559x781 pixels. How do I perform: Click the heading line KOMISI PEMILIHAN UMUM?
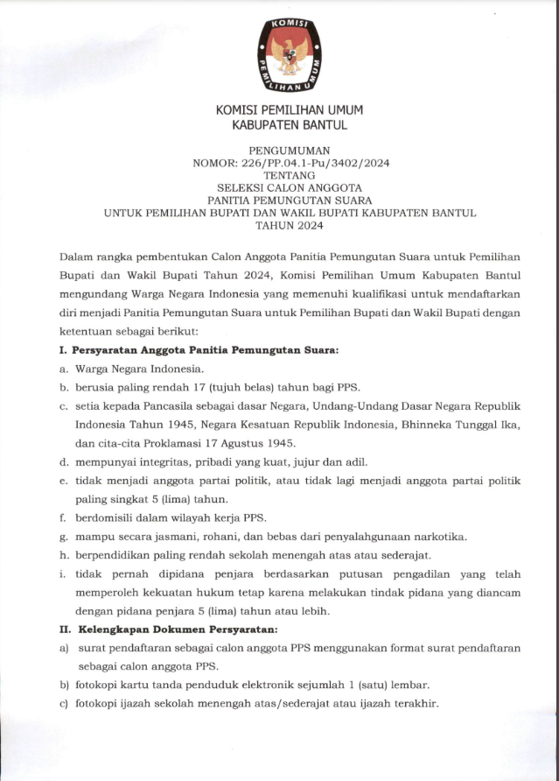289,110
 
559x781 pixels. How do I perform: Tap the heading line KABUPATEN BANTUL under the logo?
289,126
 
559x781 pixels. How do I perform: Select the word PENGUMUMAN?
289,151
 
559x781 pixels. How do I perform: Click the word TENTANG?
289,175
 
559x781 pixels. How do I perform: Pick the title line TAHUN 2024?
289,225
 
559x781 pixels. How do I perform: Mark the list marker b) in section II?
64,685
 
